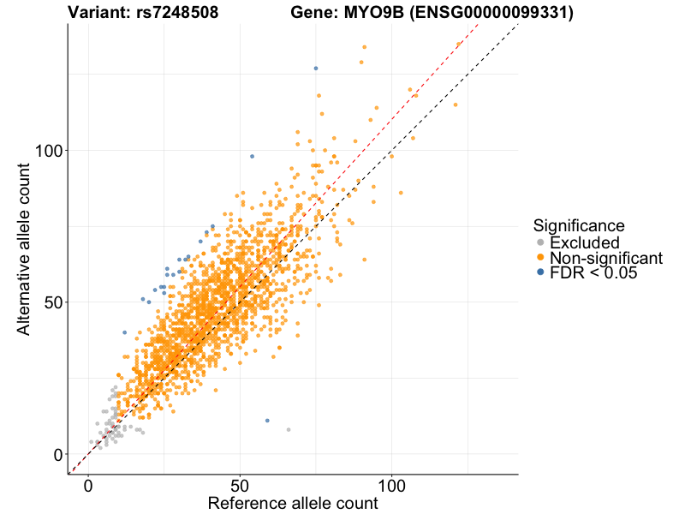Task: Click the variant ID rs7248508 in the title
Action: [x=177, y=13]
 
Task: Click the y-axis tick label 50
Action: [x=53, y=302]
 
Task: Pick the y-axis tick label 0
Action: [x=57, y=454]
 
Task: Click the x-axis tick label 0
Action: [x=88, y=486]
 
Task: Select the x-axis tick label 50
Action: [x=240, y=486]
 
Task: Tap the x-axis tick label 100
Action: [x=392, y=486]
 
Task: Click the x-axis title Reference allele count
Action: [x=293, y=504]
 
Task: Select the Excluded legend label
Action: [x=584, y=242]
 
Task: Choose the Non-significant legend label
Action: [x=605, y=258]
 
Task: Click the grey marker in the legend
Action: [x=540, y=242]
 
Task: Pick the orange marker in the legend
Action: [x=540, y=258]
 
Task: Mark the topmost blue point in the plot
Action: [x=316, y=68]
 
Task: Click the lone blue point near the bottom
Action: [x=267, y=421]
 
